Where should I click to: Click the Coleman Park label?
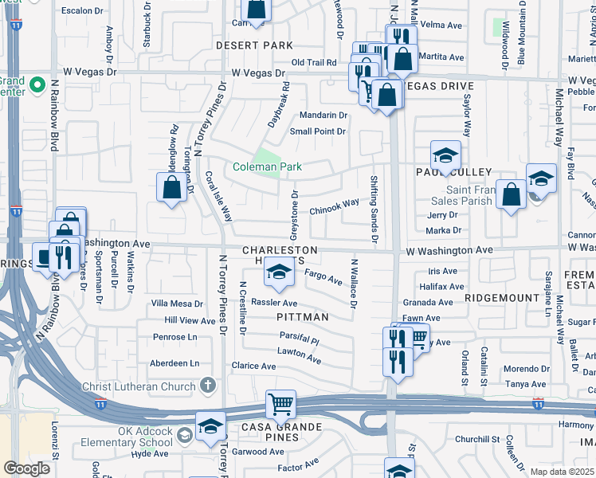[267, 167]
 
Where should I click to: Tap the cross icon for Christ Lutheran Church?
[207, 386]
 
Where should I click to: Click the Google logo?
[26, 468]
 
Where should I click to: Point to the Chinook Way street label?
[334, 206]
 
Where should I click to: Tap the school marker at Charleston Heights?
[279, 274]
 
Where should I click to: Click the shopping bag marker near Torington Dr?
[171, 188]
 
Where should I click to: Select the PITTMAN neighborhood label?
[302, 317]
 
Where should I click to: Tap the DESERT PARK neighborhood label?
[255, 46]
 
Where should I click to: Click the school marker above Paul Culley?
[446, 154]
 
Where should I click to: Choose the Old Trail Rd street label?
[316, 62]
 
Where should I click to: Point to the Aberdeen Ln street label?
[175, 362]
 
